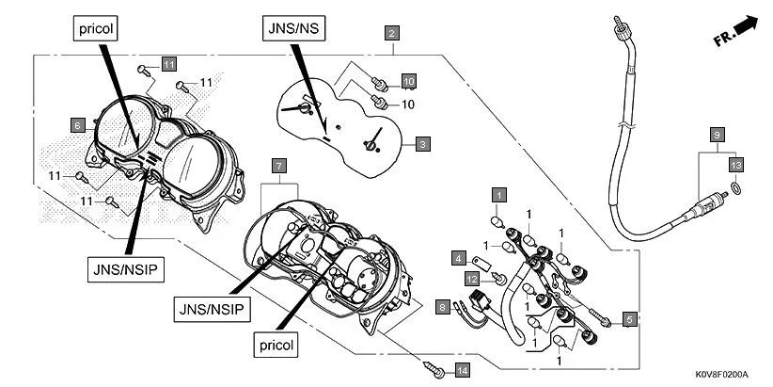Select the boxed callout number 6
tap(77, 123)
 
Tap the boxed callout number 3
tap(424, 144)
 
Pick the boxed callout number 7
tap(278, 165)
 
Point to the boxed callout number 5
tap(628, 318)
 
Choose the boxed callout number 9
tap(717, 134)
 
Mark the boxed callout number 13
tap(736, 165)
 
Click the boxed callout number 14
tap(461, 371)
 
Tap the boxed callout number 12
tap(473, 278)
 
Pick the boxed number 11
tap(168, 64)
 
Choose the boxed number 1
tap(499, 194)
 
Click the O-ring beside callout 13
tap(735, 189)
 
